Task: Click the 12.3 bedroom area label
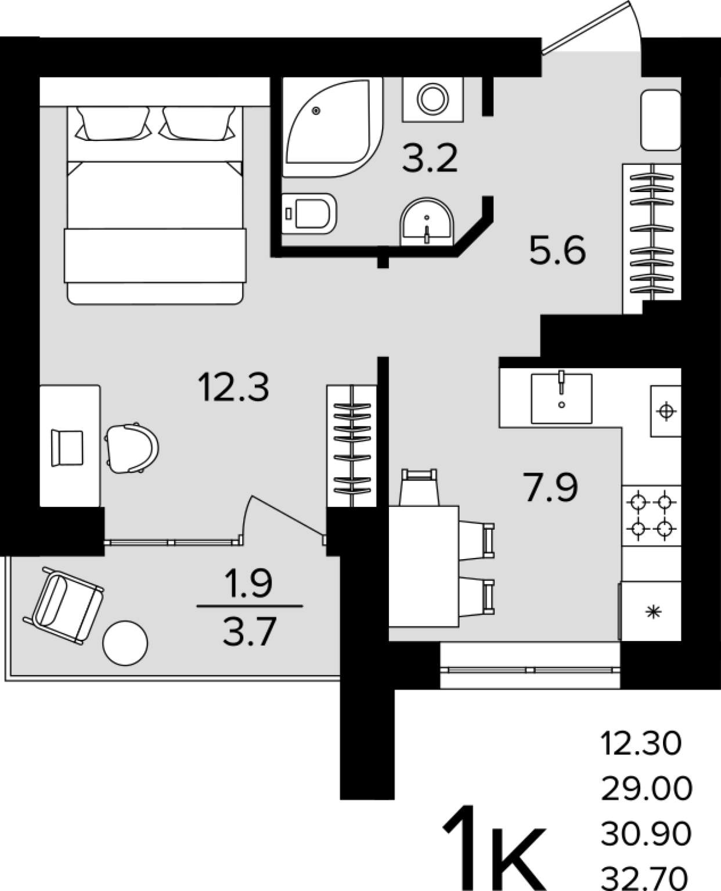pyautogui.click(x=233, y=387)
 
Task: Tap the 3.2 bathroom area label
pyautogui.click(x=430, y=158)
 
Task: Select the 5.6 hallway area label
pyautogui.click(x=557, y=250)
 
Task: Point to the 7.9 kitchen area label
pyautogui.click(x=550, y=487)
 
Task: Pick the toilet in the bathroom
pyautogui.click(x=309, y=213)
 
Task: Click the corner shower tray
pyautogui.click(x=332, y=127)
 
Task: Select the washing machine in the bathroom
pyautogui.click(x=433, y=100)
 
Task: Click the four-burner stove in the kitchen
pyautogui.click(x=651, y=515)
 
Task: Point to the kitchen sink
pyautogui.click(x=561, y=399)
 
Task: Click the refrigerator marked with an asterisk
pyautogui.click(x=651, y=611)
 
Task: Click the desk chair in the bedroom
pyautogui.click(x=131, y=448)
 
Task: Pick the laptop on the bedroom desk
pyautogui.click(x=67, y=448)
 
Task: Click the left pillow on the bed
pyautogui.click(x=113, y=123)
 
